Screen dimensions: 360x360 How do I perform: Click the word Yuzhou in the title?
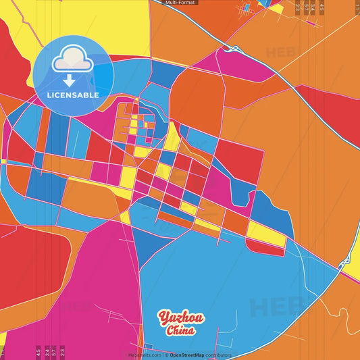click(181, 318)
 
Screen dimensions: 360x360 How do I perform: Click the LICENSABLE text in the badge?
click(73, 95)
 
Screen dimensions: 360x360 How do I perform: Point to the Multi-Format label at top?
click(180, 3)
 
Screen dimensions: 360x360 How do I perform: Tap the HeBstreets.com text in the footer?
click(145, 355)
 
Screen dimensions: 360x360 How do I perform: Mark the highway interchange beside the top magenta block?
click(234, 49)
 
